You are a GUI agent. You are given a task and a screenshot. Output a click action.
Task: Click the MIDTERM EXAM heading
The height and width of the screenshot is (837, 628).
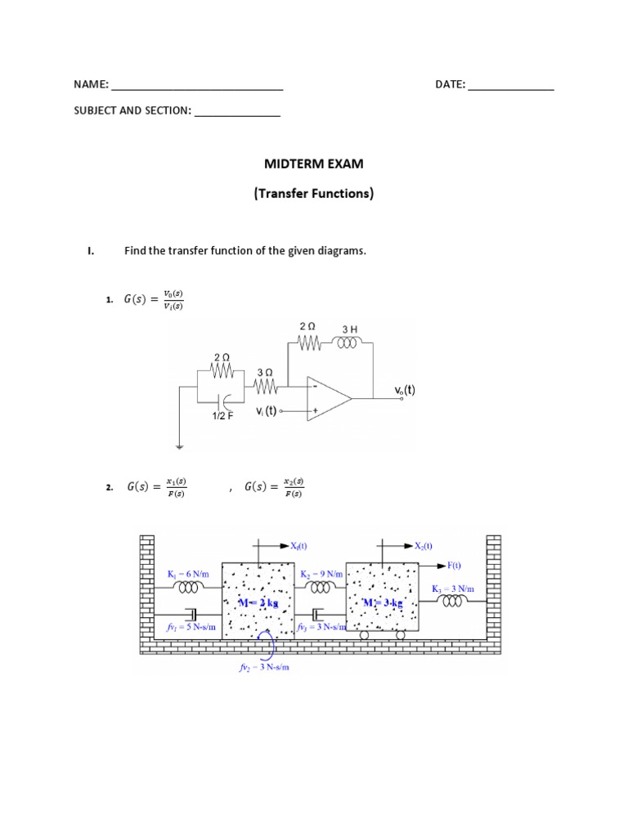[314, 164]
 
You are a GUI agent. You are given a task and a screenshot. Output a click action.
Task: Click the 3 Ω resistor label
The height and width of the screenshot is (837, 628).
[264, 372]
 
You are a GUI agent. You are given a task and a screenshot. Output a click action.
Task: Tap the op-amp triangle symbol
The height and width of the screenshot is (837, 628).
[327, 398]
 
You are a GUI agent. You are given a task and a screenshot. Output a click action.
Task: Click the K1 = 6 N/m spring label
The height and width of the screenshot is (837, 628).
[188, 575]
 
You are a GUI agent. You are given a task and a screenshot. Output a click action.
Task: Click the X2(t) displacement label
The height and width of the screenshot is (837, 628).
[423, 546]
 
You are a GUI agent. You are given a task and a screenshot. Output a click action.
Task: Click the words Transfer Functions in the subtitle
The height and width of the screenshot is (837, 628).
[314, 195]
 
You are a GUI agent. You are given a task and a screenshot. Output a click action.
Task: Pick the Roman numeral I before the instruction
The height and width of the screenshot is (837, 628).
[91, 251]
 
